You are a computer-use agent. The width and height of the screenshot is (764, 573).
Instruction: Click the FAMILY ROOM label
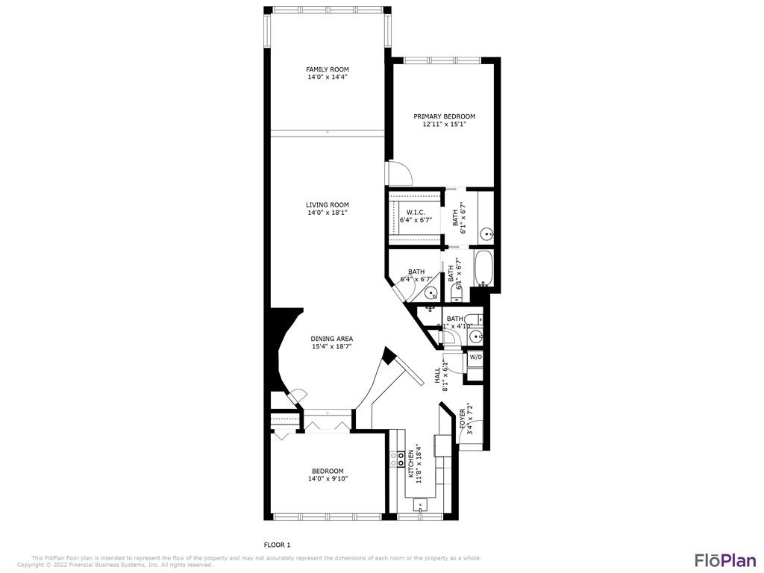click(x=328, y=69)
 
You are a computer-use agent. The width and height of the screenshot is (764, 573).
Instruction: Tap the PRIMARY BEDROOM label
click(x=444, y=116)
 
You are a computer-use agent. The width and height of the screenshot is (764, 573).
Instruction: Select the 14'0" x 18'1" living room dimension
click(x=328, y=213)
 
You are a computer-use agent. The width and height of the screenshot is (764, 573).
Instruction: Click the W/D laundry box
click(x=475, y=357)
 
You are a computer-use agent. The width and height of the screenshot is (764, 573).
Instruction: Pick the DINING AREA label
click(x=332, y=339)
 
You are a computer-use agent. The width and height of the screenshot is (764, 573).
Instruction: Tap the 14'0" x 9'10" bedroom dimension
click(x=328, y=478)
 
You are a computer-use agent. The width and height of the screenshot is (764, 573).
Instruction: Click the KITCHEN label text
click(x=410, y=464)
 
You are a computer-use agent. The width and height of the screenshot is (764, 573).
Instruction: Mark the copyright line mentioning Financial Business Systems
click(x=116, y=565)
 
